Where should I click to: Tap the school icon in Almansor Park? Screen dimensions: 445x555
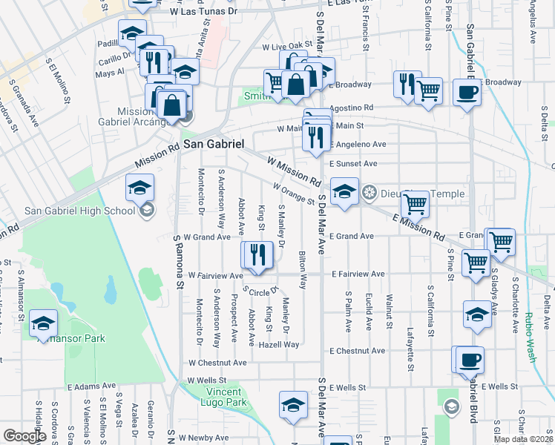pos(43,323)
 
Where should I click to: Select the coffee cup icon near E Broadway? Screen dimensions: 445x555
pos(467,92)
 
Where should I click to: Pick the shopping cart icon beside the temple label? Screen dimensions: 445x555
pos(416,202)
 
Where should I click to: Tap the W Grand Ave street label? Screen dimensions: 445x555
pos(208,237)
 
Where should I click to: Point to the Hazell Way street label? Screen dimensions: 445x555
pos(279,345)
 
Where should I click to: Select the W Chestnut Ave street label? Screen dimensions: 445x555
pos(217,363)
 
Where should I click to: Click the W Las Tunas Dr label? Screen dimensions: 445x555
pos(203,12)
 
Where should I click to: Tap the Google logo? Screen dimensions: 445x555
pos(24,436)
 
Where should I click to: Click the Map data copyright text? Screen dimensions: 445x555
pos(522,439)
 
